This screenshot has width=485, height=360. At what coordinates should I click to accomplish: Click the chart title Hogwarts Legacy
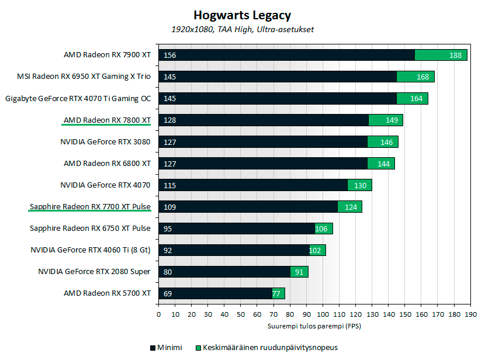click(x=242, y=16)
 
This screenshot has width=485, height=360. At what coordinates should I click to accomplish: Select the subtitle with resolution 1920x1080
click(x=242, y=29)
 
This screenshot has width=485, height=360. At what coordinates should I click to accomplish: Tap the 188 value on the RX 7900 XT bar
click(x=455, y=55)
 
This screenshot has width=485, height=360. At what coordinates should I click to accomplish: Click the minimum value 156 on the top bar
click(x=170, y=55)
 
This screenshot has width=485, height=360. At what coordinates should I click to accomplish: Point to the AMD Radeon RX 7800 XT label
click(x=107, y=120)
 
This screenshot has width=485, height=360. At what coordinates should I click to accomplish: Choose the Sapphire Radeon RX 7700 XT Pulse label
click(x=90, y=207)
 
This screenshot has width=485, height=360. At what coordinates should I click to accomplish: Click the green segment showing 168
click(x=422, y=77)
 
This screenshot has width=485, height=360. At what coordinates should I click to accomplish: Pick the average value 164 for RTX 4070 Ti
click(x=416, y=98)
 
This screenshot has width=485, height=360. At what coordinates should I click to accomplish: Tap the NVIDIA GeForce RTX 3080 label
click(x=105, y=142)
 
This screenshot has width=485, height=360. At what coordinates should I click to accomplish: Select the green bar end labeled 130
click(x=360, y=185)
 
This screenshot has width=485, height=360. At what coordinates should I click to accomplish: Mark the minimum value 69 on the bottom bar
click(x=168, y=293)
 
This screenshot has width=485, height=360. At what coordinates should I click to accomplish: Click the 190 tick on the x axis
click(x=468, y=314)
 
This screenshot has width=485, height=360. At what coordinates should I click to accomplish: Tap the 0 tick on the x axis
click(x=158, y=314)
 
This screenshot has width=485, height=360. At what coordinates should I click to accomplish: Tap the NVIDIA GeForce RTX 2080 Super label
click(x=94, y=272)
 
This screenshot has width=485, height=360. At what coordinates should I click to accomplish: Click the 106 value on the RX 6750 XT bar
click(x=321, y=229)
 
